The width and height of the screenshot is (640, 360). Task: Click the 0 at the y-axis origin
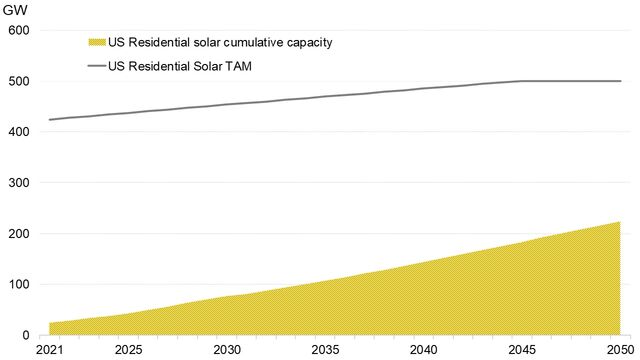click(x=26, y=335)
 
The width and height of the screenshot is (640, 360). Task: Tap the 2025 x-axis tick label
click(x=127, y=350)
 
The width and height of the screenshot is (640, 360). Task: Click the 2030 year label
click(x=226, y=350)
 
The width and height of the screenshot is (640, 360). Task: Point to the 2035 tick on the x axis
click(x=325, y=350)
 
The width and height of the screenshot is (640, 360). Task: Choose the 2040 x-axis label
click(x=424, y=350)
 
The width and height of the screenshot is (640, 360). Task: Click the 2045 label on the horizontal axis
click(x=522, y=350)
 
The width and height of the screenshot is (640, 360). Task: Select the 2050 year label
click(x=620, y=350)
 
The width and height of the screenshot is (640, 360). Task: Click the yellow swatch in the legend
click(x=96, y=42)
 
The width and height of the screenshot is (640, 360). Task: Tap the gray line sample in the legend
click(x=96, y=66)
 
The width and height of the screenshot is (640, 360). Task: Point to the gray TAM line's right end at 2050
click(x=620, y=81)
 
